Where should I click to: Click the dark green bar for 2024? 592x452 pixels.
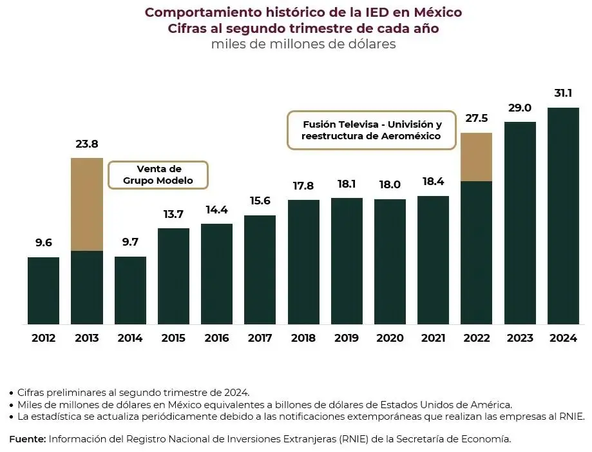(x=563, y=215)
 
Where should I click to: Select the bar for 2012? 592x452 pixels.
(x=43, y=290)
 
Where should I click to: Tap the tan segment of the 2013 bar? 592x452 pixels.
(x=87, y=204)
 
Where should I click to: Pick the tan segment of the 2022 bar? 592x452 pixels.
(x=477, y=157)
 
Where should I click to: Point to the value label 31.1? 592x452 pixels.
(x=563, y=93)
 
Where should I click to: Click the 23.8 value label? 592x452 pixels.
(x=87, y=144)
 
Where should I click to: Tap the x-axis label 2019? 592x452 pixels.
(x=347, y=338)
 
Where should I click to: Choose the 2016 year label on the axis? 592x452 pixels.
(x=216, y=338)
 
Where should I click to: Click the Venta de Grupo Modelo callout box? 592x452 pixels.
(x=158, y=175)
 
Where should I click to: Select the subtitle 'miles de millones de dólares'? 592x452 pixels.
(x=303, y=44)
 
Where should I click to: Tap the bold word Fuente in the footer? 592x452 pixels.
(x=27, y=438)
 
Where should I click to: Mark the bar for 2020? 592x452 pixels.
(x=390, y=261)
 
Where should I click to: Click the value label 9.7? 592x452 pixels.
(x=130, y=242)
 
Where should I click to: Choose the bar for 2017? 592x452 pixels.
(x=260, y=270)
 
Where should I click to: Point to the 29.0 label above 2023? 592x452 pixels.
(x=520, y=108)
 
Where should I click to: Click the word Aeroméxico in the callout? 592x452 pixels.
(x=410, y=136)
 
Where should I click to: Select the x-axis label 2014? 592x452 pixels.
(x=130, y=338)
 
